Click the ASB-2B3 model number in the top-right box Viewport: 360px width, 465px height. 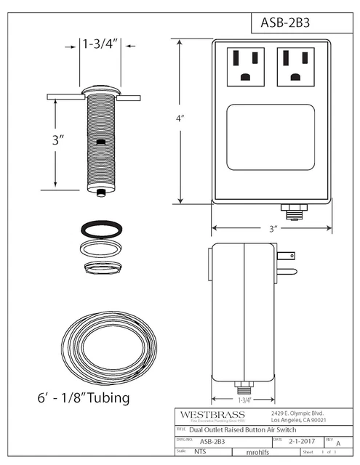(286, 22)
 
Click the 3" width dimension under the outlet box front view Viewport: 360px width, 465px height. (273, 228)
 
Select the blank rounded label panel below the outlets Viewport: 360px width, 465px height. (271, 137)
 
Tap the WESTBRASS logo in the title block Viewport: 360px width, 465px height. (212, 414)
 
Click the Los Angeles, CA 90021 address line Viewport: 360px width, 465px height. (297, 420)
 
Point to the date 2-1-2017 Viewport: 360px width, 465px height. (301, 440)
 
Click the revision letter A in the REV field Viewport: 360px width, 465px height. (339, 441)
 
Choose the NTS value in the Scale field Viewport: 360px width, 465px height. (200, 451)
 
